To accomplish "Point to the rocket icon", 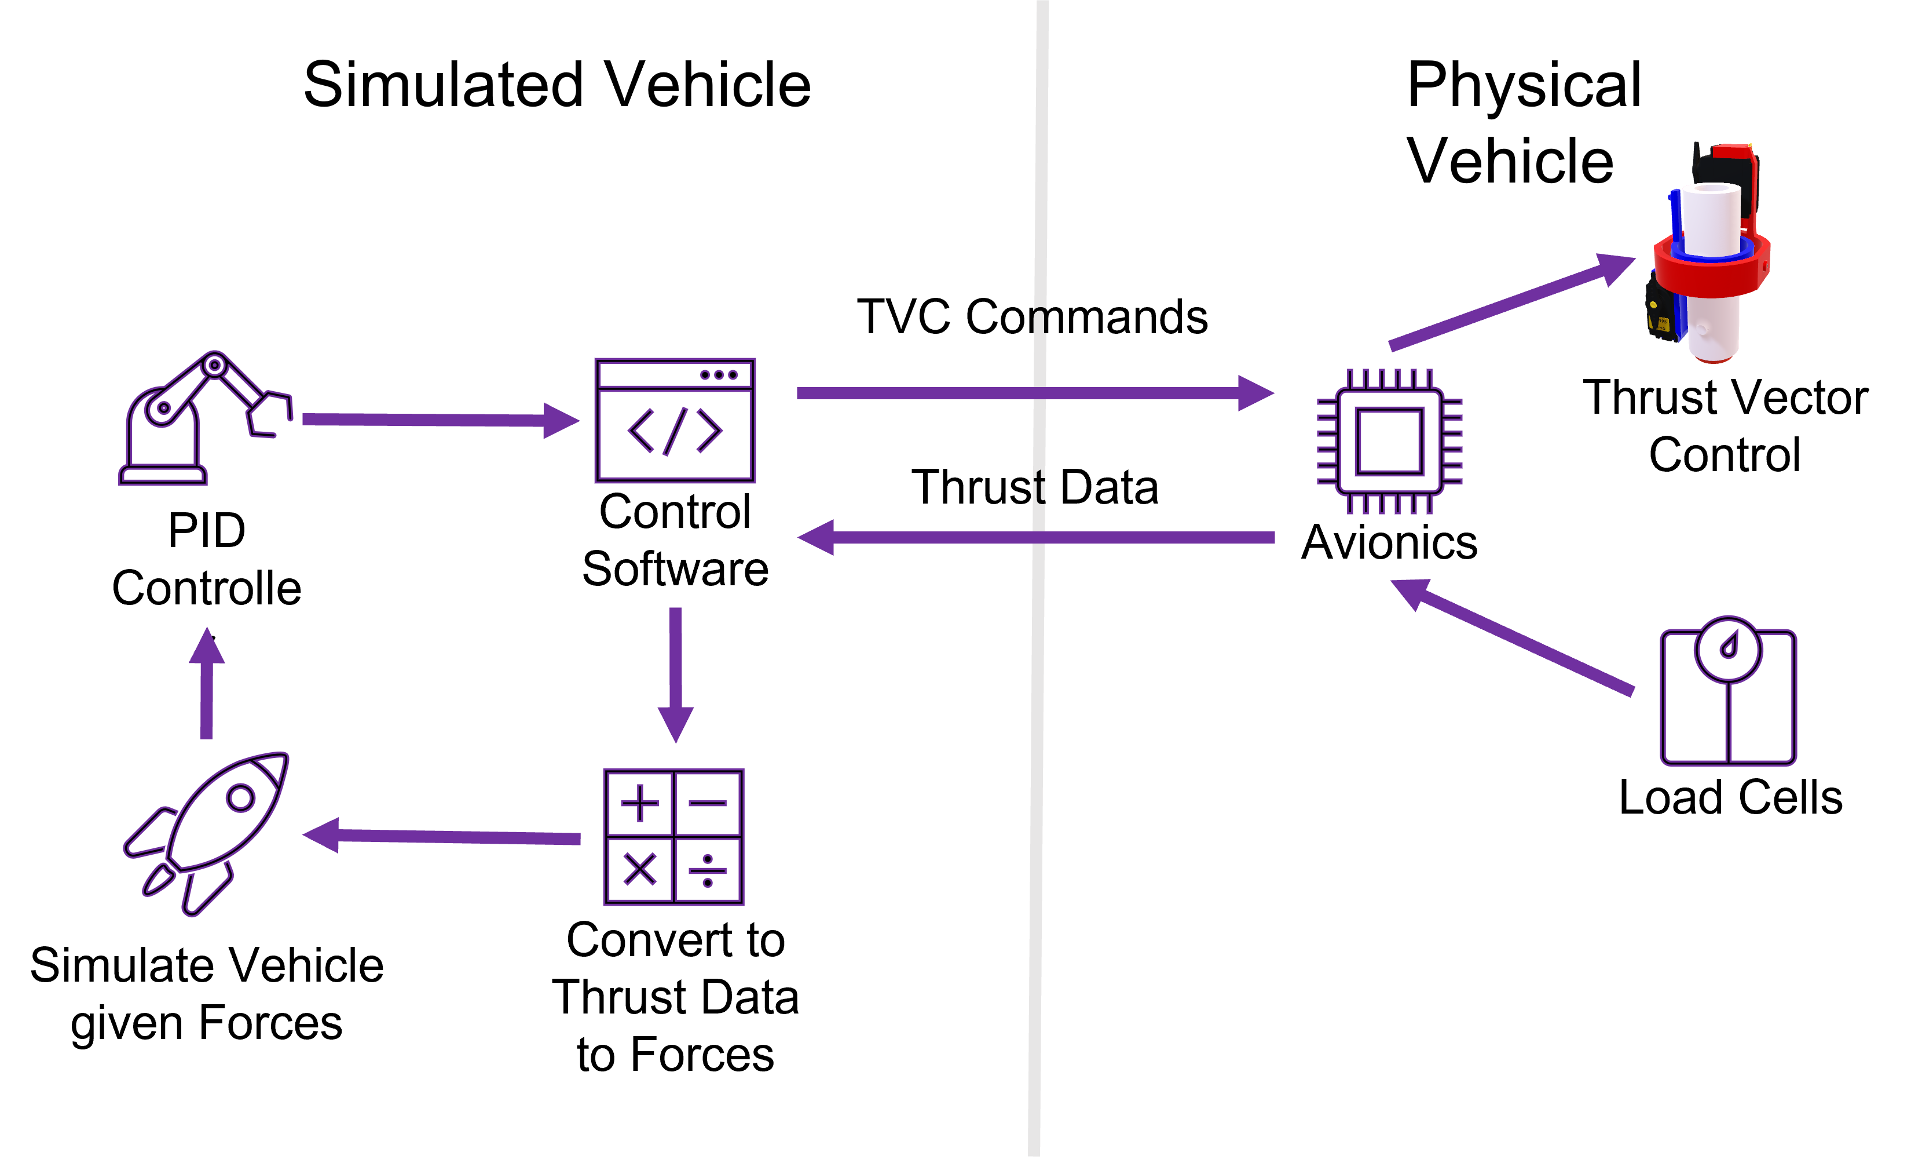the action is click(206, 833).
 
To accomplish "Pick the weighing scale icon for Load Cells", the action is click(1728, 691).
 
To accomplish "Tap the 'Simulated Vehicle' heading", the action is click(557, 85).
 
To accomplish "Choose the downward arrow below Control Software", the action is click(676, 675).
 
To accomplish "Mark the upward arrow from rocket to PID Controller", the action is click(206, 683).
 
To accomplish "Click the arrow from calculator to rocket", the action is click(441, 836).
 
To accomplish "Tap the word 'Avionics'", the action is click(1389, 542).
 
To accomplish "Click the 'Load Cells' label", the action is click(1730, 797).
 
